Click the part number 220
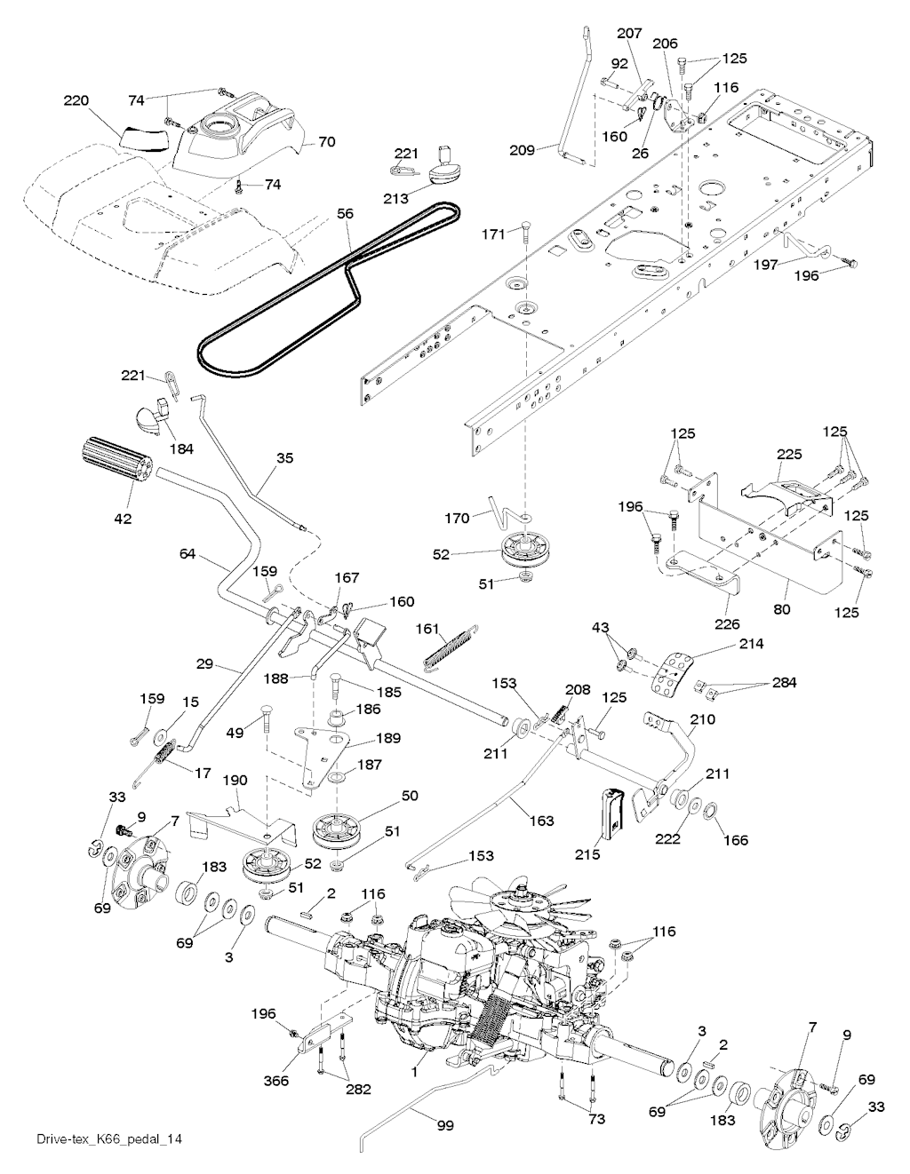coord(76,101)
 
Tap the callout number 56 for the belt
coord(345,213)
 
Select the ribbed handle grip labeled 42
coord(116,459)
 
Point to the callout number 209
coord(522,150)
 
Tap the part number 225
coord(790,455)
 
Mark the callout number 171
coord(493,234)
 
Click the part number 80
coord(781,609)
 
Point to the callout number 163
coord(542,821)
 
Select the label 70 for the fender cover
coord(326,141)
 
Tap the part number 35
coord(284,457)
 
